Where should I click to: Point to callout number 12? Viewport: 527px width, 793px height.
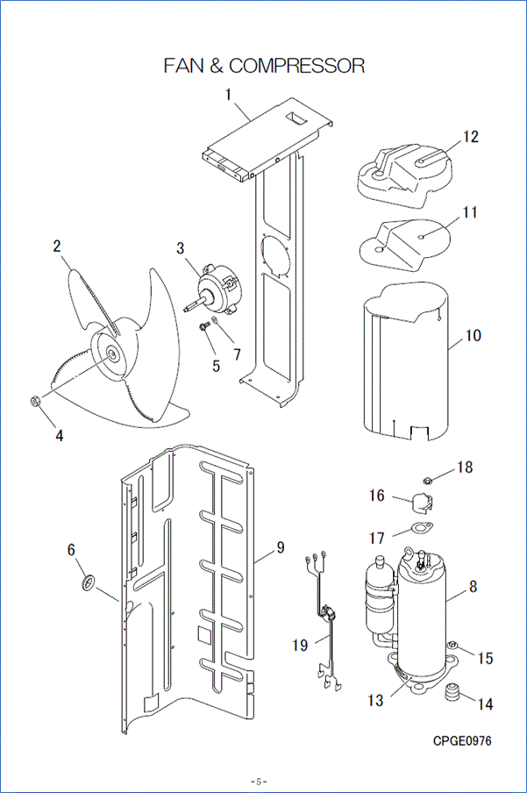coord(471,137)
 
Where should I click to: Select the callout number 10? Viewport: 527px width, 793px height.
coord(474,336)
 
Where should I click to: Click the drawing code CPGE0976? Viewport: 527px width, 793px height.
coord(462,740)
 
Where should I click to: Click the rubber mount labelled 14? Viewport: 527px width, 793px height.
coord(452,692)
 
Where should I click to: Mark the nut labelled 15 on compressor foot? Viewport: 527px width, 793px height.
coord(453,647)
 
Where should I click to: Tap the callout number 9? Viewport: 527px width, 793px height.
coord(281,547)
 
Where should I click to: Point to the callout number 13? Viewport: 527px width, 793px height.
coord(375,700)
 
